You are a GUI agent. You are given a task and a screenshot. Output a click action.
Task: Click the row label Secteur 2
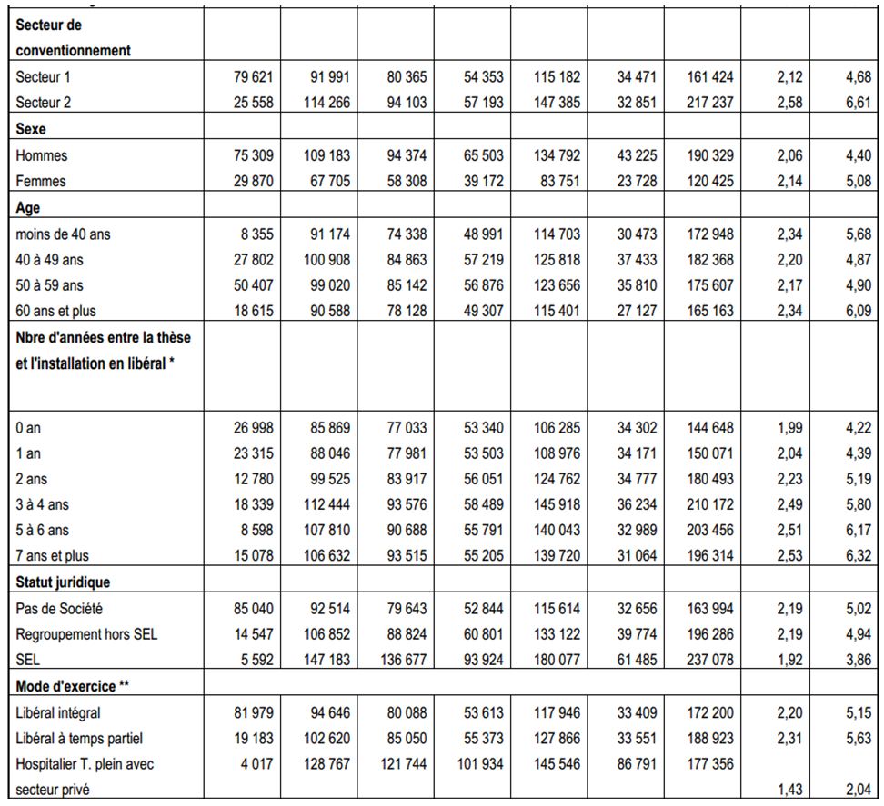tap(44, 103)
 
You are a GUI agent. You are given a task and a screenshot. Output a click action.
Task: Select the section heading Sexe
tap(30, 129)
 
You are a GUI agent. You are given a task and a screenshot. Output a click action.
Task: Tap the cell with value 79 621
tap(253, 76)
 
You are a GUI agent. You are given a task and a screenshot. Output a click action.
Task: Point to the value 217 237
tap(709, 103)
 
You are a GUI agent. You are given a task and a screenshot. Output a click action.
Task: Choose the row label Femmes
tap(41, 182)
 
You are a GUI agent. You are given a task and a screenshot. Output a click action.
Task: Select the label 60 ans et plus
tap(55, 311)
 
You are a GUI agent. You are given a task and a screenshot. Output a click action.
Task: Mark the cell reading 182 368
tap(709, 260)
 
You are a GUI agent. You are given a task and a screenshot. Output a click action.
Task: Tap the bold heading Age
tap(27, 208)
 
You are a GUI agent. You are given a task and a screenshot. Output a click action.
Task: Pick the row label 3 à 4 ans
tap(42, 504)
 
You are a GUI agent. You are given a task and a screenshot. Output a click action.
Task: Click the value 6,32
tap(858, 556)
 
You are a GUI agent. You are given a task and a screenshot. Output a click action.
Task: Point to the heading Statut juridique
tap(63, 582)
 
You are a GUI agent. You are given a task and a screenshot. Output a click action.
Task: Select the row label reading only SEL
tap(27, 660)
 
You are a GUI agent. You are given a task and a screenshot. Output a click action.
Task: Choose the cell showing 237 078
tap(709, 660)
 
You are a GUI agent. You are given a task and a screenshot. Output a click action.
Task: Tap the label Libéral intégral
tap(58, 713)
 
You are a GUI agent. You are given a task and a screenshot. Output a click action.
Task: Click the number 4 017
tap(257, 764)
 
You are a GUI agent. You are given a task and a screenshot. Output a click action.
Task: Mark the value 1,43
tap(789, 790)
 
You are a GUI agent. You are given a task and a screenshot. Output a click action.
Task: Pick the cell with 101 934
tap(480, 764)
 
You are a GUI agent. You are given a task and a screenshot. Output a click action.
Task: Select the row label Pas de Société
tap(59, 609)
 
